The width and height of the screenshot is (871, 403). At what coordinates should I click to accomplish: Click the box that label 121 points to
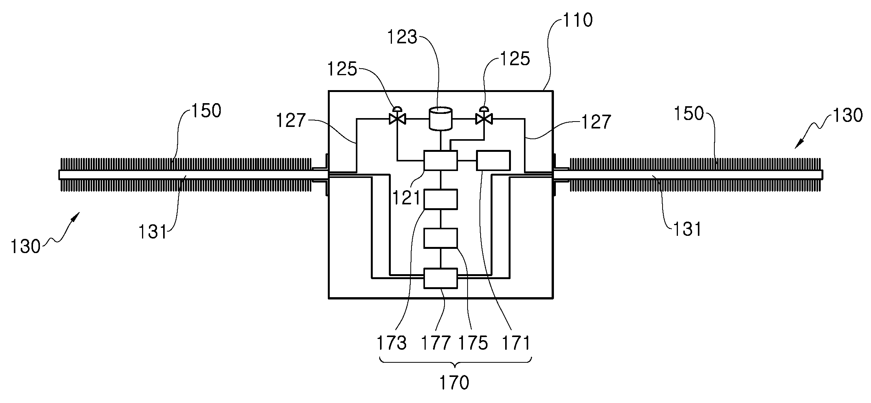[440, 160]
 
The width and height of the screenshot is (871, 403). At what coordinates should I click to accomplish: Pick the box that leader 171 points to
[493, 160]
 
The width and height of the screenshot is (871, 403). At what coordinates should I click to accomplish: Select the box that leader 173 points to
[440, 199]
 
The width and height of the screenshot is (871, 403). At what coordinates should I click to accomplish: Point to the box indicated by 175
[440, 238]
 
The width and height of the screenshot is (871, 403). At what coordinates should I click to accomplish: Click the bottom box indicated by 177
[440, 278]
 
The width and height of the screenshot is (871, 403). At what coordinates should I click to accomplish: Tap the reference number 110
[577, 20]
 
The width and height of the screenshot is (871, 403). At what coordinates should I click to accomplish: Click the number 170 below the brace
[454, 382]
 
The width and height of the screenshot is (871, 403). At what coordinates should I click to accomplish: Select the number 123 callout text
[402, 37]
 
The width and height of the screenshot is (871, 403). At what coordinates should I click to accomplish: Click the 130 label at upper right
[848, 115]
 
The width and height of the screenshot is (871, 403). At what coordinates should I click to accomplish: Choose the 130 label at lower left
[25, 247]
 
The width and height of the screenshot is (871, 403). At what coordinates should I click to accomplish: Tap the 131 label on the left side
[153, 232]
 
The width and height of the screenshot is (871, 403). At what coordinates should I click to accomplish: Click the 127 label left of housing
[291, 121]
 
